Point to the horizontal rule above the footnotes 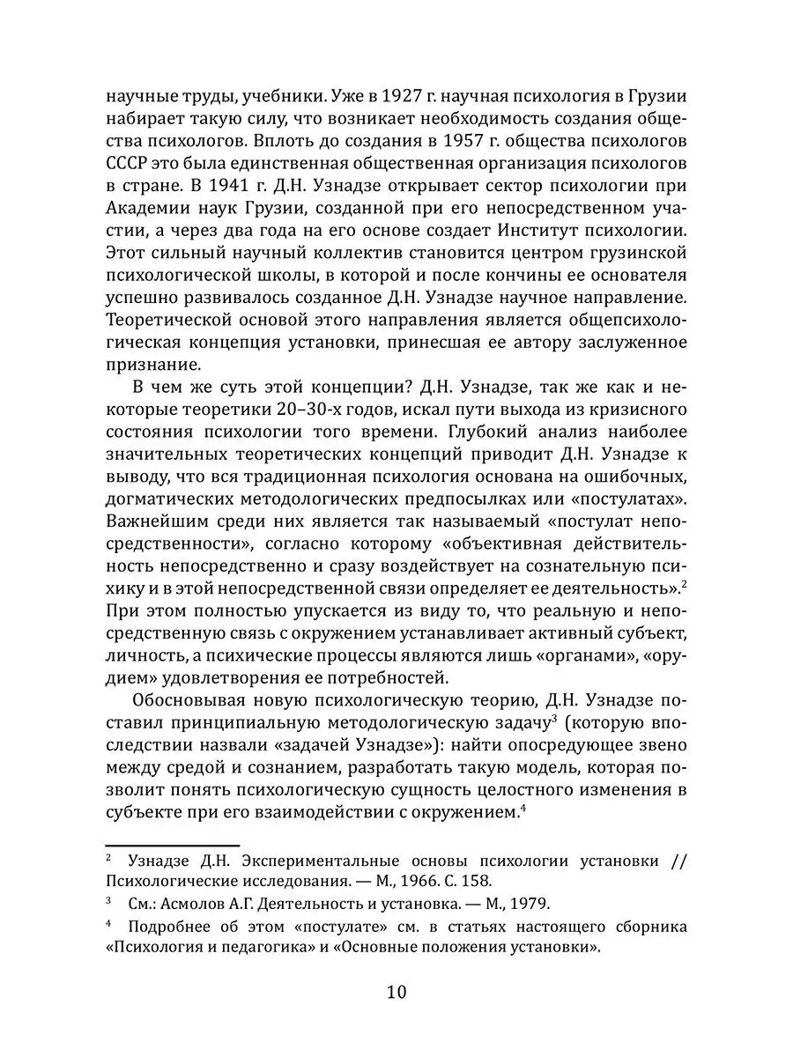pyautogui.click(x=173, y=844)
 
